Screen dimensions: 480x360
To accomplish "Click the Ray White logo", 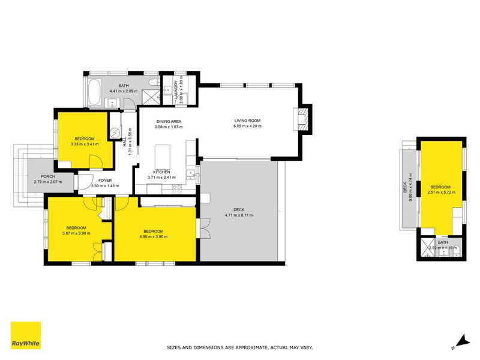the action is pyautogui.click(x=26, y=335).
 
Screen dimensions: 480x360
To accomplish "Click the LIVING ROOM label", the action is pyautogui.click(x=247, y=121).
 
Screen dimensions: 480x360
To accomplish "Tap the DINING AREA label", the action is pyautogui.click(x=169, y=122).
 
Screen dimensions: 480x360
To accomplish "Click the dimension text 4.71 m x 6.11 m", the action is pyautogui.click(x=239, y=215).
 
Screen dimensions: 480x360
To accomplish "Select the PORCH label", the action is pyautogui.click(x=48, y=176).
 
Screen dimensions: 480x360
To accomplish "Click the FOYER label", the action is pyautogui.click(x=105, y=181).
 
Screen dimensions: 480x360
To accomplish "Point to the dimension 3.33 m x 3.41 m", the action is pyautogui.click(x=85, y=144).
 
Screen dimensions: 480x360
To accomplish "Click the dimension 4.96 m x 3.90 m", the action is pyautogui.click(x=154, y=236).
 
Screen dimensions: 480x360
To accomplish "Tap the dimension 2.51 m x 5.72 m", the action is pyautogui.click(x=442, y=192).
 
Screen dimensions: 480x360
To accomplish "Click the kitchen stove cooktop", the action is pyautogui.click(x=176, y=189).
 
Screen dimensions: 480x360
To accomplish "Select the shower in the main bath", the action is pyautogui.click(x=152, y=97).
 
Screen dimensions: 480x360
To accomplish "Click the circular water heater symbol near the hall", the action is pyautogui.click(x=115, y=133).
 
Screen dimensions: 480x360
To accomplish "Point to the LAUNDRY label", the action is pyautogui.click(x=176, y=89).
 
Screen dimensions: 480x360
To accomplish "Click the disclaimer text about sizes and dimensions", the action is pyautogui.click(x=239, y=347).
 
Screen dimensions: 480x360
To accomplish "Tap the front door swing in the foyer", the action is pyautogui.click(x=86, y=182).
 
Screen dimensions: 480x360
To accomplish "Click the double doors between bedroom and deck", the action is pyautogui.click(x=204, y=228).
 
